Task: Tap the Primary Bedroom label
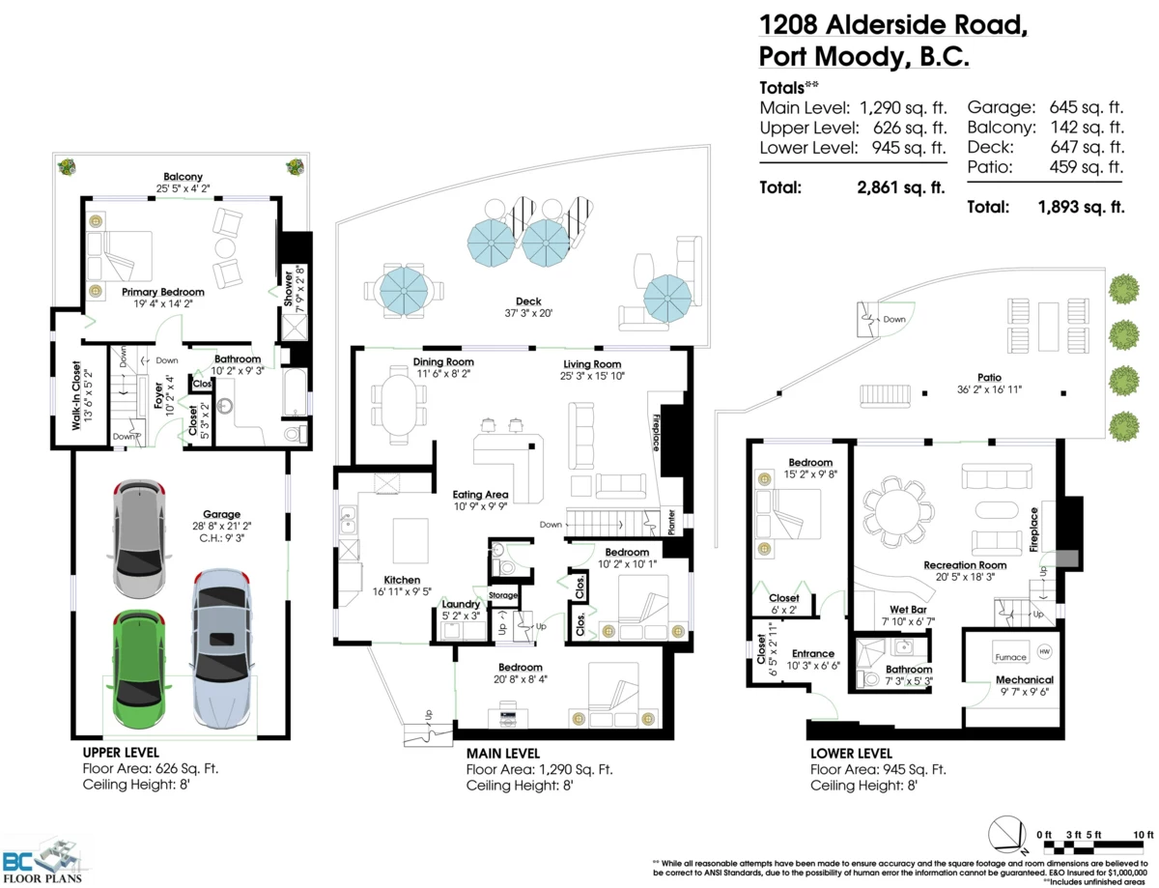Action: (163, 292)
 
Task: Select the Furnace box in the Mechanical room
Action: (1010, 658)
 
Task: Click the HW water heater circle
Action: (1044, 652)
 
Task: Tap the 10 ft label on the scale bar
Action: (1143, 834)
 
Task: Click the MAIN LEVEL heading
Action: (503, 753)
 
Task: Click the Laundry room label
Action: (461, 604)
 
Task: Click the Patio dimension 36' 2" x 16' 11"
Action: (989, 388)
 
